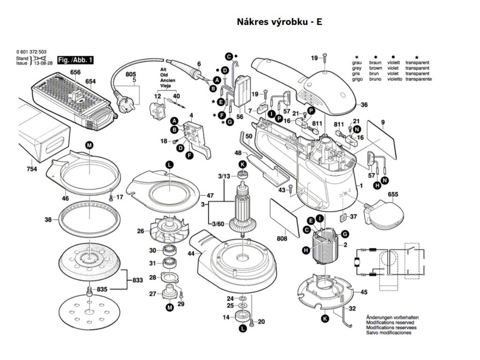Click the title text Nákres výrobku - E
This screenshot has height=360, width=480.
280,22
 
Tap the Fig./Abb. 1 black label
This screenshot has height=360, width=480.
75,60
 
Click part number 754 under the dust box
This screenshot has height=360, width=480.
32,169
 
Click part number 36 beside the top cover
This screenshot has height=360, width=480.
364,105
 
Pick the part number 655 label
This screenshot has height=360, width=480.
393,194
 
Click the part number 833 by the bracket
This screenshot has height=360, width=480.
137,280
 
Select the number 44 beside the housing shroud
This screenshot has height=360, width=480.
191,254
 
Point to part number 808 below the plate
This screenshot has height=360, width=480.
282,239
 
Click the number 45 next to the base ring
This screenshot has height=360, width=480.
363,292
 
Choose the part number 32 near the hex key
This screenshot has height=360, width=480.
352,308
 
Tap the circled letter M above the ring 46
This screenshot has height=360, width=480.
89,146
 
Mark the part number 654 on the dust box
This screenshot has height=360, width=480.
90,82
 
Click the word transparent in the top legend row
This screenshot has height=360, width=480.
417,62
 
